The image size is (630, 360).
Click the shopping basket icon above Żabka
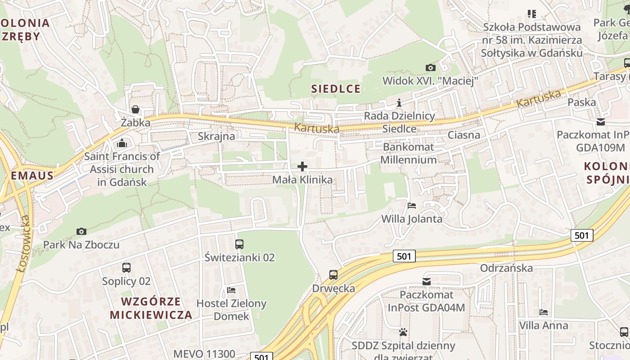[x=135, y=109]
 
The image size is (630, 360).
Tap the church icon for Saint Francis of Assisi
[x=122, y=144]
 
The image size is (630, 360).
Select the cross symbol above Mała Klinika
[x=302, y=167]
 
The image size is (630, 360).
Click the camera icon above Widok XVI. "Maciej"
[x=431, y=67]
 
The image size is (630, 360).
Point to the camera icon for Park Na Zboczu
[x=81, y=231]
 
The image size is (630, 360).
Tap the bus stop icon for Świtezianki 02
[x=239, y=244]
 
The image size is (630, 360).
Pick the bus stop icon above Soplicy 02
[x=126, y=268]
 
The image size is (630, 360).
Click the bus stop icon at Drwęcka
[x=333, y=275]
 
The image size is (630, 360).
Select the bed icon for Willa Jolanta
[x=412, y=206]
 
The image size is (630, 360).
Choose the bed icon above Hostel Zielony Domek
[x=231, y=290]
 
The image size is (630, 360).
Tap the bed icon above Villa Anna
[x=544, y=312]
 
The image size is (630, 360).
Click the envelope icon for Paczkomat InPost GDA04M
[x=427, y=282]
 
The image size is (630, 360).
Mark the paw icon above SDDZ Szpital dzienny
[x=403, y=333]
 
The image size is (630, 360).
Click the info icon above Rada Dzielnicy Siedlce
[x=399, y=103]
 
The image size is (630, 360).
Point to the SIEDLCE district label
[x=336, y=89]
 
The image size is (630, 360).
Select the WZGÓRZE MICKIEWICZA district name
[x=151, y=308]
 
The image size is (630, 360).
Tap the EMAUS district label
[x=31, y=175]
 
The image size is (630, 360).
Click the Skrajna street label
[x=216, y=136]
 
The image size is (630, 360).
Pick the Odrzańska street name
[x=506, y=268]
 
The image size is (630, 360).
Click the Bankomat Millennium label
[x=409, y=153]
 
